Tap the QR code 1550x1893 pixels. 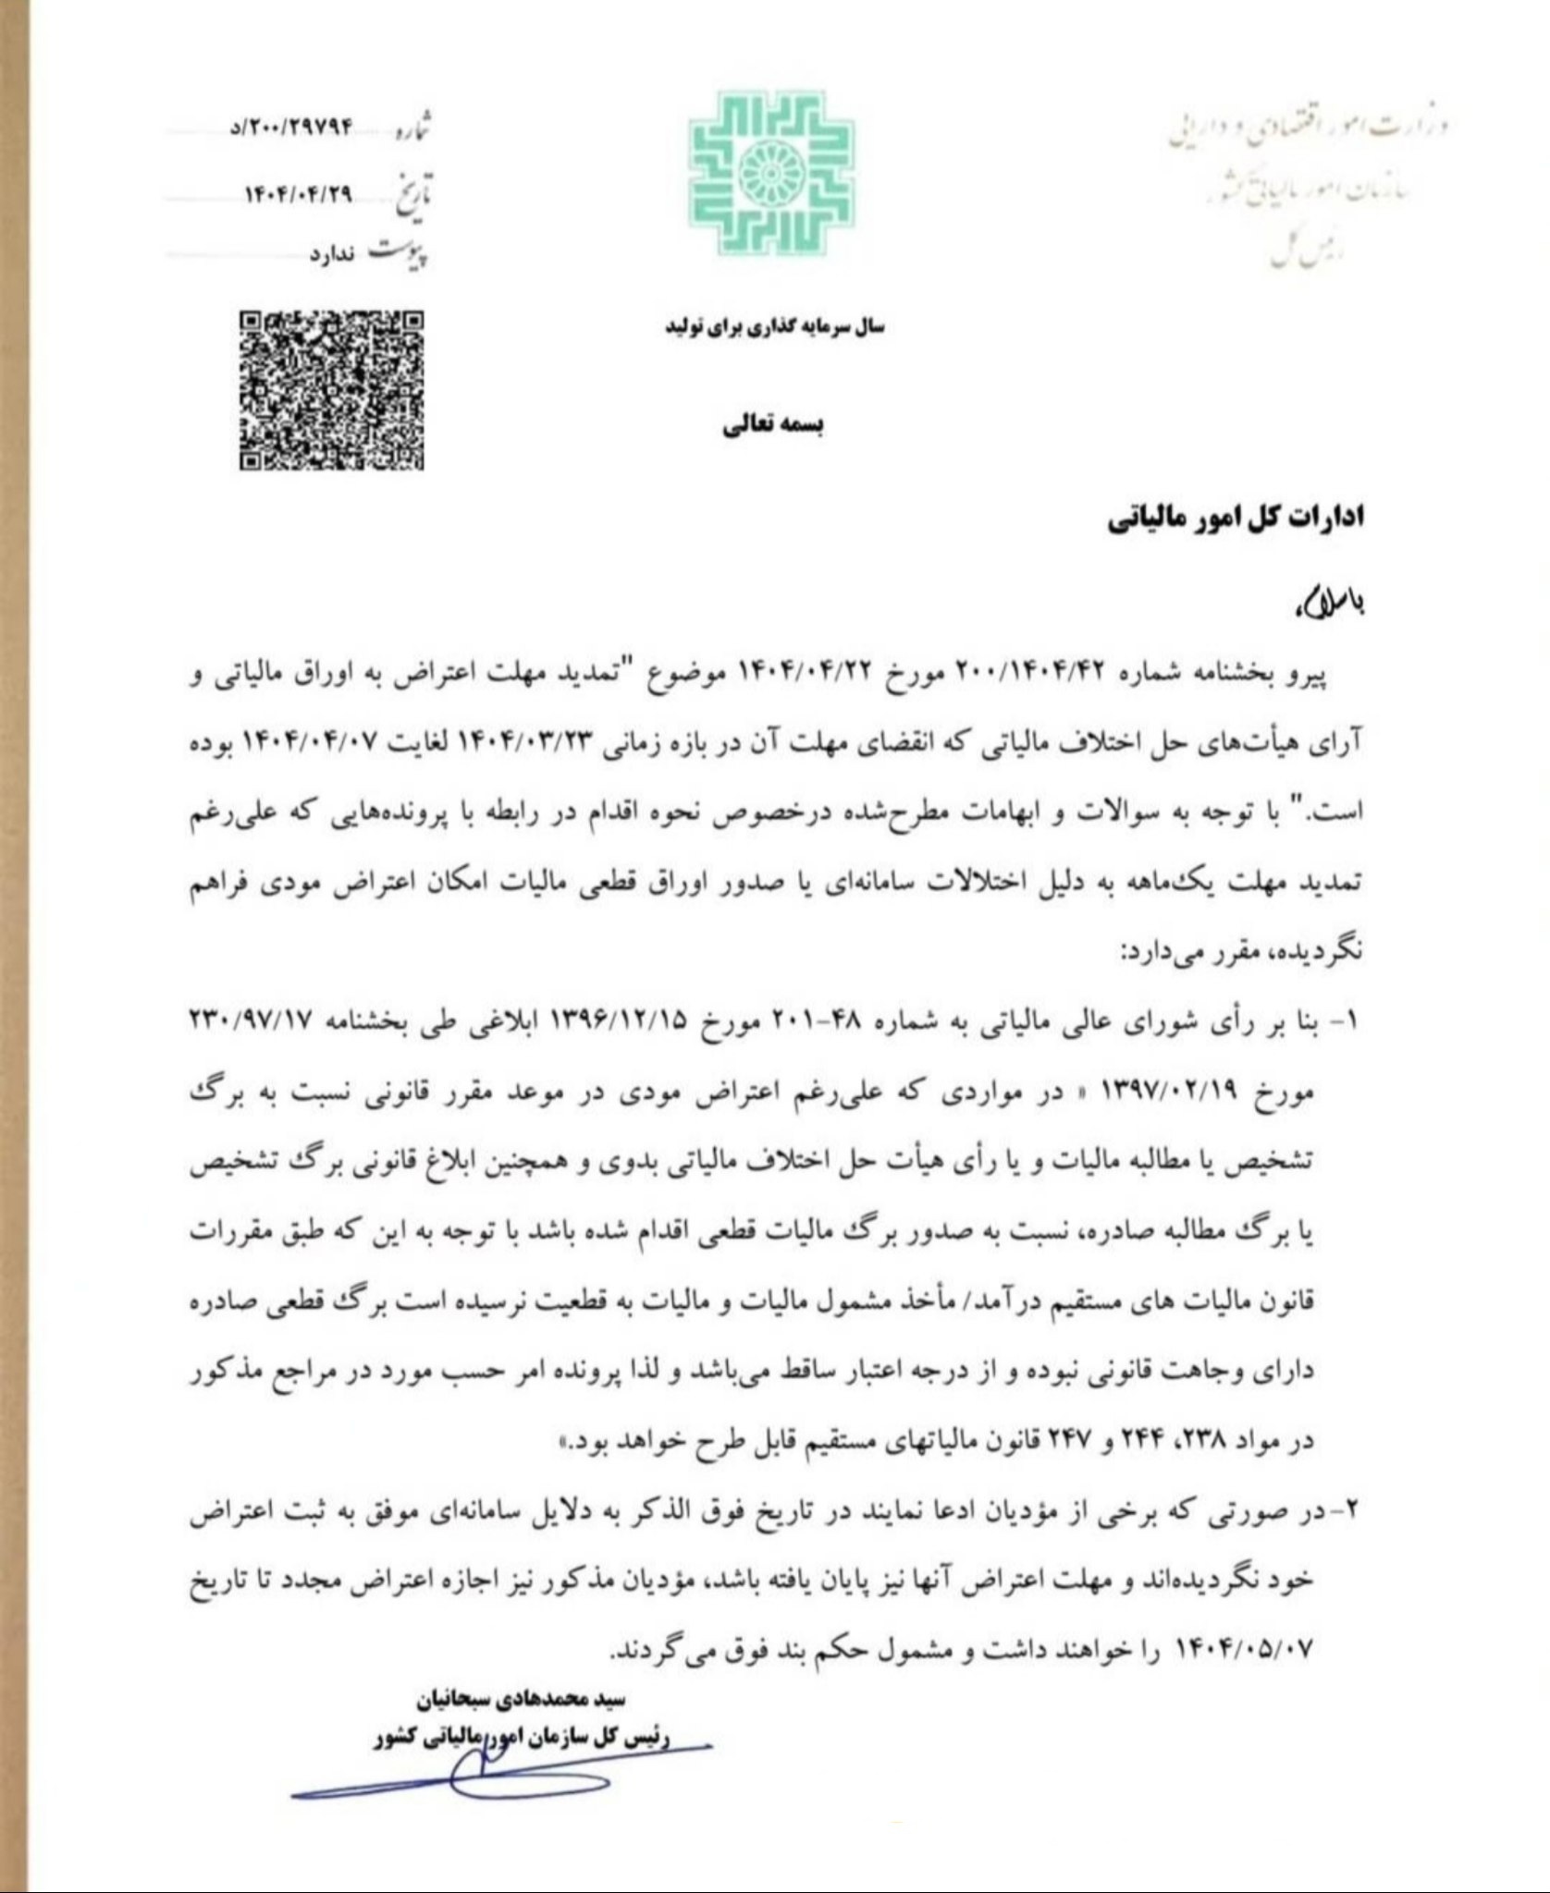[x=331, y=389]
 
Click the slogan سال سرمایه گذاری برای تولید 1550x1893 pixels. [x=775, y=327]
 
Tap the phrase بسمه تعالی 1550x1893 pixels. [x=774, y=425]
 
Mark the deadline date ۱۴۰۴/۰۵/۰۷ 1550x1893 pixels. [x=1244, y=1650]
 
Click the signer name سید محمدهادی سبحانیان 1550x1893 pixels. [x=534, y=1699]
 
